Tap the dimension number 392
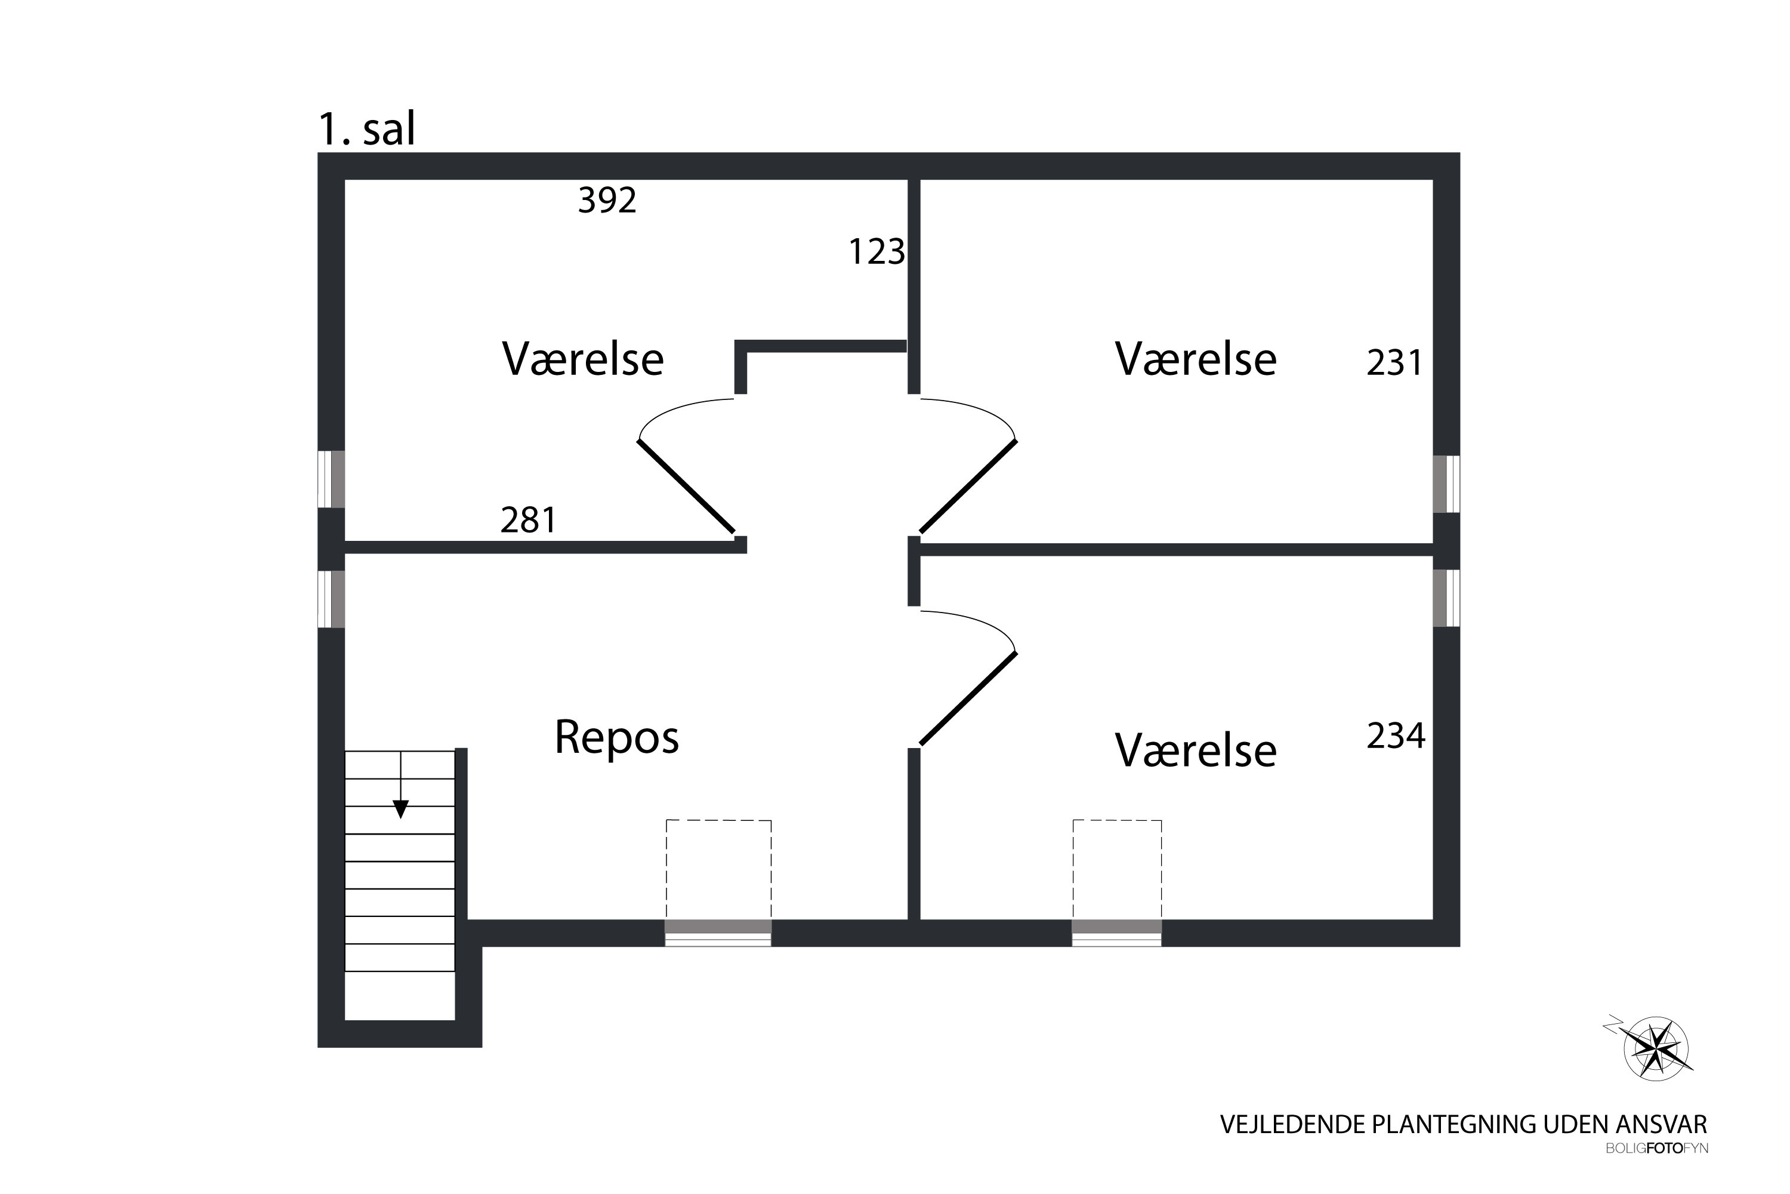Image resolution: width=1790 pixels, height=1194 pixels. click(607, 200)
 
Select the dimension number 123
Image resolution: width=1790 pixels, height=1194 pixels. click(876, 252)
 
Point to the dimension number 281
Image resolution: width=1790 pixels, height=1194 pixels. click(528, 521)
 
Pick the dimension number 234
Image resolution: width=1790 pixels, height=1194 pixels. click(1396, 736)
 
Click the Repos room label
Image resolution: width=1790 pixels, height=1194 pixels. click(616, 738)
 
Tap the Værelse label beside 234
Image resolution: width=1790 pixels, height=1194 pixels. click(1196, 751)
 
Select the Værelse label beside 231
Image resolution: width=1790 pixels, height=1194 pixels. click(1196, 359)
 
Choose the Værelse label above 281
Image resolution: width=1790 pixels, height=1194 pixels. click(582, 359)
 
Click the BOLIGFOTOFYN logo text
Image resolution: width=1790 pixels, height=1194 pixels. click(1657, 1170)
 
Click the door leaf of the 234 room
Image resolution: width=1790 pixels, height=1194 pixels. click(968, 698)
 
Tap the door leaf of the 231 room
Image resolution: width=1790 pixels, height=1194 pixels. click(968, 487)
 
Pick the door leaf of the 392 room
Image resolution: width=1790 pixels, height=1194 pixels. click(686, 487)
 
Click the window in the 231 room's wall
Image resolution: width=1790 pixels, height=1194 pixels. click(1446, 484)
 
